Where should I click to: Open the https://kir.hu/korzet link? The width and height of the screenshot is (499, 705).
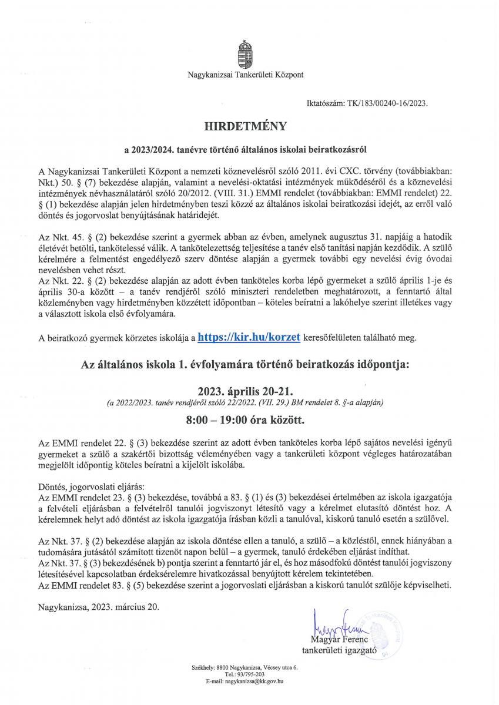250,337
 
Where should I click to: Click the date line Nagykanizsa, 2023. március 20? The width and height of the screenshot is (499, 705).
98,606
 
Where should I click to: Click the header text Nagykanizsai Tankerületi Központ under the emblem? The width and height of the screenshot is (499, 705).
246,75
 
